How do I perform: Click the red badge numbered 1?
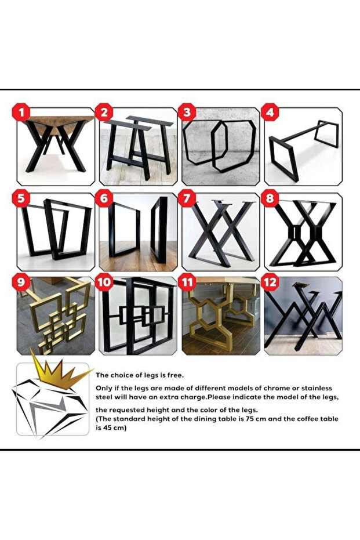21,113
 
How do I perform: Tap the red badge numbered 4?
270,113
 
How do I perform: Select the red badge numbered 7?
187,198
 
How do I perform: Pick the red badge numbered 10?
104,282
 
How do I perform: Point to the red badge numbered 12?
270,282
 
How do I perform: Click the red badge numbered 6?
104,198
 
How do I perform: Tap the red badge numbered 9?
21,282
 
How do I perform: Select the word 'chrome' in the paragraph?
277,388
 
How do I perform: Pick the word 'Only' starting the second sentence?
104,389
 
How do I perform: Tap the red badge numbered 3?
187,113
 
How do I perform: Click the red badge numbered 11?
187,282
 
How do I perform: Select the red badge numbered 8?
270,198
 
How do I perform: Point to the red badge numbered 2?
104,113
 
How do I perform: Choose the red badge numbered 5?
21,198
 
